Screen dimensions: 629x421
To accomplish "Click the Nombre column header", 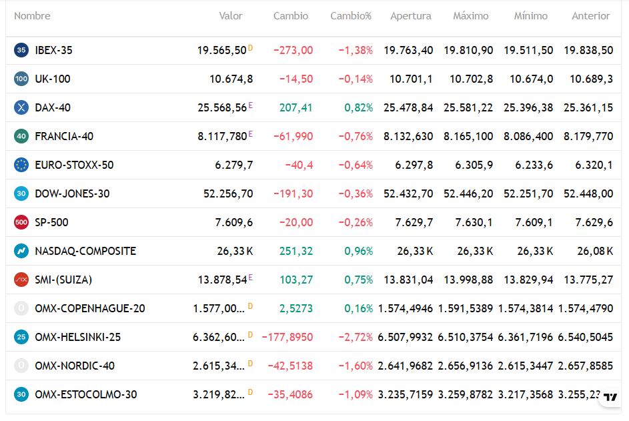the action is point(32,16).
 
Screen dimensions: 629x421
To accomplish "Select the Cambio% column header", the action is point(351,16).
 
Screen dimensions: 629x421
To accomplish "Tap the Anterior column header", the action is point(590,16).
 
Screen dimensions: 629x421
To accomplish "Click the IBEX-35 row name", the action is point(54,50).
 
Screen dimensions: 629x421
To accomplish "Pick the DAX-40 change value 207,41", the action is point(295,107).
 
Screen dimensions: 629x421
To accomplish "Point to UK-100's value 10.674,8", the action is point(231,79).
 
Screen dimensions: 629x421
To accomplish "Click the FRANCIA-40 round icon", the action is point(21,136).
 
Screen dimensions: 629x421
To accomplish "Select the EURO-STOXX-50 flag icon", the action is point(21,165).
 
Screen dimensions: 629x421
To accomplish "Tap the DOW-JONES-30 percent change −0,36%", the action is point(356,194).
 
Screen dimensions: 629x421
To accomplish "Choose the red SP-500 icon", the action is point(21,222).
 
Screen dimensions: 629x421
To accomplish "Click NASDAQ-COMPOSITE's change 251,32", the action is point(295,252).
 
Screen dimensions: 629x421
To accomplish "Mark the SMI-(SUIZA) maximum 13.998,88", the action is point(468,280).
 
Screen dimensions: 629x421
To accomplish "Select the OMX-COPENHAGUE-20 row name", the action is point(90,309).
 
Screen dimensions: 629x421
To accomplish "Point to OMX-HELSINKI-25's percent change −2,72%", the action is point(356,337).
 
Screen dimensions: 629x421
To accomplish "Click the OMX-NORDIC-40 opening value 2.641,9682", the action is point(405,366).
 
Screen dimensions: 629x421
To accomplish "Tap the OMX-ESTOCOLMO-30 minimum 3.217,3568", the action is point(526,394).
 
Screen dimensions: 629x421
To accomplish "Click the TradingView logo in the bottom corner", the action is point(610,397).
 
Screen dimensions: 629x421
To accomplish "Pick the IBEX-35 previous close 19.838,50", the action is point(588,50).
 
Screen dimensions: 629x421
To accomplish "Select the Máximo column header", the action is point(470,16).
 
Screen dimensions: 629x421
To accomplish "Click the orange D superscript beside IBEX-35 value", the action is point(250,48).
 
